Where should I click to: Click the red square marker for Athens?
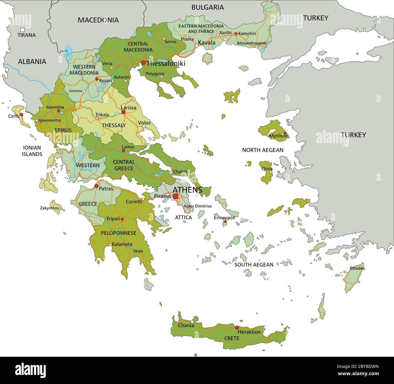point(175,196)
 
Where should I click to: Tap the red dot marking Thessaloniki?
point(143,63)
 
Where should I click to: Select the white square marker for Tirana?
point(22,30)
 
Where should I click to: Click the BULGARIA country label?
point(207,7)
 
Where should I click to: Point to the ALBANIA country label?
point(32,61)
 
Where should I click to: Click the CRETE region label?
point(232,338)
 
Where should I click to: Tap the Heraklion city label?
point(249,332)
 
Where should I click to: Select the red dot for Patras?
point(96,186)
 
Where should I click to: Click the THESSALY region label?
point(114,125)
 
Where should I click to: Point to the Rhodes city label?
point(357,268)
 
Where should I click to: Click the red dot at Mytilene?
point(285,133)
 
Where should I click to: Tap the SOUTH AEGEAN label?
point(254,265)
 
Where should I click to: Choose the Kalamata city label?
point(122,244)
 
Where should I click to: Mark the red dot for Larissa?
point(123,112)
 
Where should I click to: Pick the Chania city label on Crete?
point(186,326)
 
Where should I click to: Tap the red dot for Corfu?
point(22,115)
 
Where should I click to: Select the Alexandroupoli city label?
point(251,43)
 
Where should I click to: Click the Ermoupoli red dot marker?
point(225,222)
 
